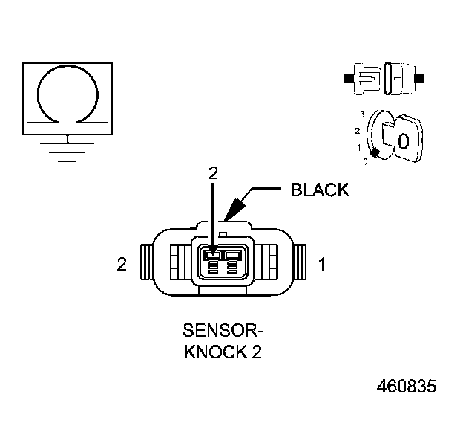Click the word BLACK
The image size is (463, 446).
(319, 190)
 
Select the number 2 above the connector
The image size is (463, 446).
(214, 172)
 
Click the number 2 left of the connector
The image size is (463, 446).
(122, 264)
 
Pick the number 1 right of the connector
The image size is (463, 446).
(322, 264)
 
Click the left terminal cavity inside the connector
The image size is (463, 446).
(212, 256)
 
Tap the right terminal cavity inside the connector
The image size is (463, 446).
(233, 256)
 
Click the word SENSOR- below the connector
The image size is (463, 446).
(223, 329)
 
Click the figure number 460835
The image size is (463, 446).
(407, 387)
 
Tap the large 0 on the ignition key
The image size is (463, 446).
(403, 141)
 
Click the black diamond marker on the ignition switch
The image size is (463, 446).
(375, 153)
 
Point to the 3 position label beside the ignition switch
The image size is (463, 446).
(361, 114)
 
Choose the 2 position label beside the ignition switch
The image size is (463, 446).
(358, 131)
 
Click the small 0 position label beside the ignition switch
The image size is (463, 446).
(364, 161)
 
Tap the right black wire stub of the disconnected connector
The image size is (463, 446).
(421, 77)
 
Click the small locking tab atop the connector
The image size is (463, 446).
(223, 216)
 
